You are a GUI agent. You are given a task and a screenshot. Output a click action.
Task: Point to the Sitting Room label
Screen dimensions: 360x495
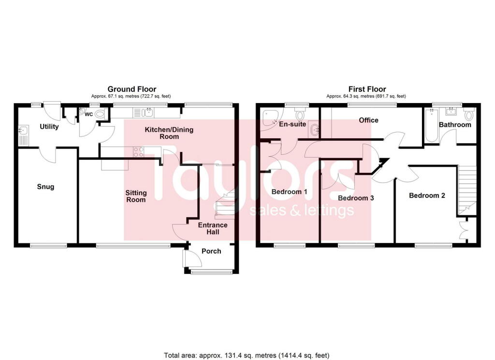coord(136,196)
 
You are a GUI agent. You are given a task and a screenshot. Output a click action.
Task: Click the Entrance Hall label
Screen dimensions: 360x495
coord(213,228)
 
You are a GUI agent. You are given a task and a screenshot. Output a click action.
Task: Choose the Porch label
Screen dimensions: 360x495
coord(211,251)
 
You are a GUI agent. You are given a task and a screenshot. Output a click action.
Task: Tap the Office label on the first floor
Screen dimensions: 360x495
coord(369,120)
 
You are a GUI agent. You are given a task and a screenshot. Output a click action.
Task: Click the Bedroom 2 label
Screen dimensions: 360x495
coord(427,195)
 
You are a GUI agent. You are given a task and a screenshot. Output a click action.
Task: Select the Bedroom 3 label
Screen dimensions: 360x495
coord(356,198)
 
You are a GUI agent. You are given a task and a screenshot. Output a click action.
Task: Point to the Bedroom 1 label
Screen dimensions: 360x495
coord(290,192)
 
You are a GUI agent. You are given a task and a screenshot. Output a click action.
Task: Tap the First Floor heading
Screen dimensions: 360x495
coord(367,89)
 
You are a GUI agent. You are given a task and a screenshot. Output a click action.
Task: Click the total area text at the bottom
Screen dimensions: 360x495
coord(247,355)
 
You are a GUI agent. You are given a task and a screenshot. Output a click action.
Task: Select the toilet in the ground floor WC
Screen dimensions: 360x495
coord(101,114)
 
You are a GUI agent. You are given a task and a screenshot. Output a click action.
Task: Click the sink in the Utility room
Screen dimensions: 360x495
coord(23,131)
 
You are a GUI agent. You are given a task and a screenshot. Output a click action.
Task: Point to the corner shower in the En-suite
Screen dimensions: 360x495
coord(267,118)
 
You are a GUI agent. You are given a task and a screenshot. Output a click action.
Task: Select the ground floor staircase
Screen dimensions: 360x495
coord(225,203)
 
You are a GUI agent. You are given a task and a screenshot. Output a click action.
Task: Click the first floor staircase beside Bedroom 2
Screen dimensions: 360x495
coord(466,189)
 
